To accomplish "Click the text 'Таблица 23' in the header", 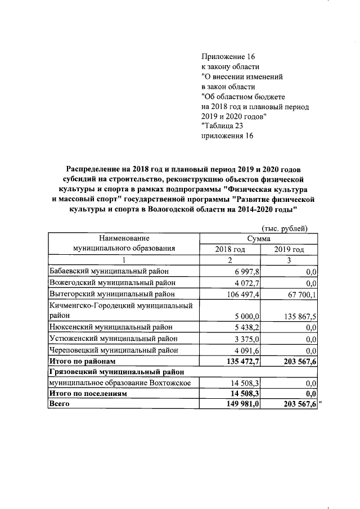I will [x=223, y=126].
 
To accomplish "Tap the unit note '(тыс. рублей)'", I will [x=285, y=228].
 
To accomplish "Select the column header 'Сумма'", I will [x=259, y=238].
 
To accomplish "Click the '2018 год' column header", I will [x=229, y=249].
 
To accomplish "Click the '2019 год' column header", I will [x=289, y=249].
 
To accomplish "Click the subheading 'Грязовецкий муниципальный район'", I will [x=116, y=372].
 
